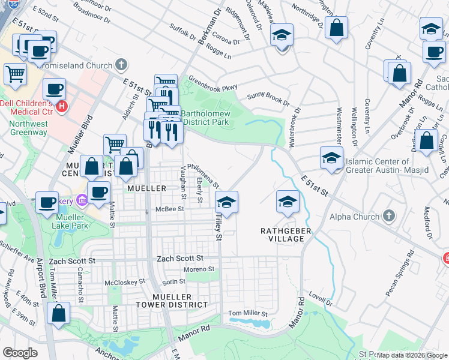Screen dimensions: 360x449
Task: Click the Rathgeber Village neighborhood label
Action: click(x=282, y=235)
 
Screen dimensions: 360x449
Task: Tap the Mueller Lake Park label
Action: click(x=78, y=221)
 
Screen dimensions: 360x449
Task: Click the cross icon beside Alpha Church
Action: click(x=389, y=216)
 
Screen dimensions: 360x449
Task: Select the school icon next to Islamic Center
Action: click(x=331, y=159)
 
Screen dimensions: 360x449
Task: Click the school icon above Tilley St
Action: click(x=227, y=203)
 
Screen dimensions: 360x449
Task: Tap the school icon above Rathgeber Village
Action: click(x=288, y=203)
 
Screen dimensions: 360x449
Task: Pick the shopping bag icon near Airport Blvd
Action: click(x=58, y=313)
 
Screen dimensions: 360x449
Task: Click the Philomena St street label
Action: click(x=203, y=176)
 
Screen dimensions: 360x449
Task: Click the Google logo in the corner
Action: click(x=20, y=353)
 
